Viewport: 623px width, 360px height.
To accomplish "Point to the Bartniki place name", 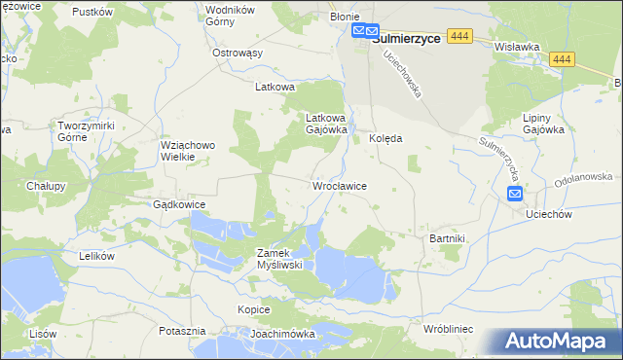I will (x=448, y=237).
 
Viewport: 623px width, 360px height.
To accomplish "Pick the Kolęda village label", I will (x=385, y=139).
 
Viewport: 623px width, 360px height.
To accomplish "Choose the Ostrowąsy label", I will (x=238, y=53).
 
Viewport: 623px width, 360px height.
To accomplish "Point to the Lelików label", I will (x=96, y=256).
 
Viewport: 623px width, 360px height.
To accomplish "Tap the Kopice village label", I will (x=253, y=309).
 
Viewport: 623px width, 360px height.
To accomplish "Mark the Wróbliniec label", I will (x=448, y=330).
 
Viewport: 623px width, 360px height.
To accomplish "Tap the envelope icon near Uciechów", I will (x=515, y=195).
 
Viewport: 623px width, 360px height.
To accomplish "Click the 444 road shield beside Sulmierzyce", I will (x=460, y=36).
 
